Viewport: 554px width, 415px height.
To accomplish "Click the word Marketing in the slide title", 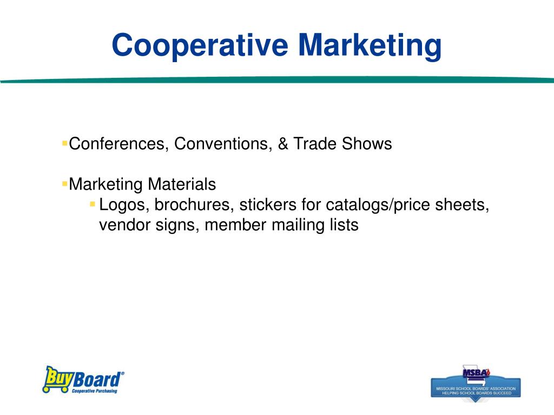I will pos(369,45).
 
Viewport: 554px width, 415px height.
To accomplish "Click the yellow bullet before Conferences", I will pos(64,143).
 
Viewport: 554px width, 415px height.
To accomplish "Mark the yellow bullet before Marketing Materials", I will pos(64,184).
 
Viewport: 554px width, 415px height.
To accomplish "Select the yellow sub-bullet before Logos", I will pos(93,204).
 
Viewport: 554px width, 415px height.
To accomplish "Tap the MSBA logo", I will pos(476,381).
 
